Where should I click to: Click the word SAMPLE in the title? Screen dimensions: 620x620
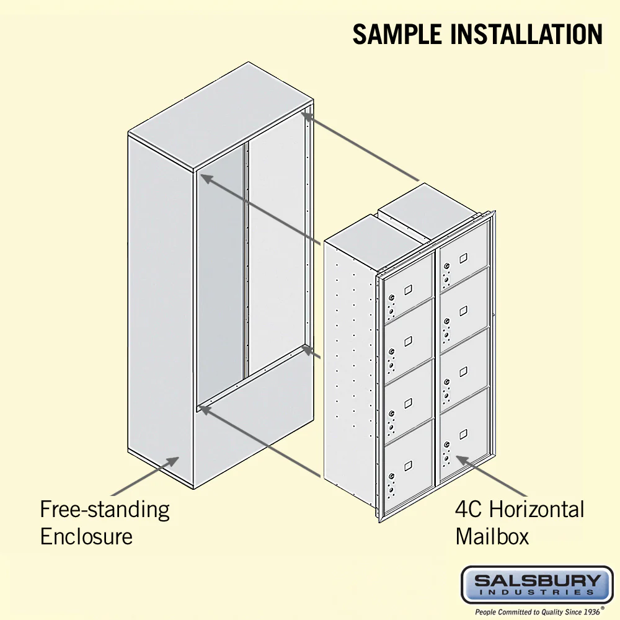pyautogui.click(x=397, y=34)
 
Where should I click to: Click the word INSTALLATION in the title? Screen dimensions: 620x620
pyautogui.click(x=526, y=34)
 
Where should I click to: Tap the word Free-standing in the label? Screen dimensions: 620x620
pyautogui.click(x=105, y=510)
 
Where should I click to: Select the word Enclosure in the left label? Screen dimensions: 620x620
pyautogui.click(x=86, y=536)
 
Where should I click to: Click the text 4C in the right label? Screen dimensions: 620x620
pyautogui.click(x=468, y=509)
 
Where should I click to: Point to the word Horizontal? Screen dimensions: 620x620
pyautogui.click(x=536, y=509)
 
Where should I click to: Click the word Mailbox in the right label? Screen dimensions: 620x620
pyautogui.click(x=492, y=536)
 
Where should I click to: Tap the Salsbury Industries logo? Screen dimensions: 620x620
pyautogui.click(x=537, y=585)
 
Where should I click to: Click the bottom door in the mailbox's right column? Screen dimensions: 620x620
pyautogui.click(x=464, y=434)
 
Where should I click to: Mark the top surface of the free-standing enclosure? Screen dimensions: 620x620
pyautogui.click(x=221, y=117)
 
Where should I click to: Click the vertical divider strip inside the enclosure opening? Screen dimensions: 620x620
pyautogui.click(x=246, y=261)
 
